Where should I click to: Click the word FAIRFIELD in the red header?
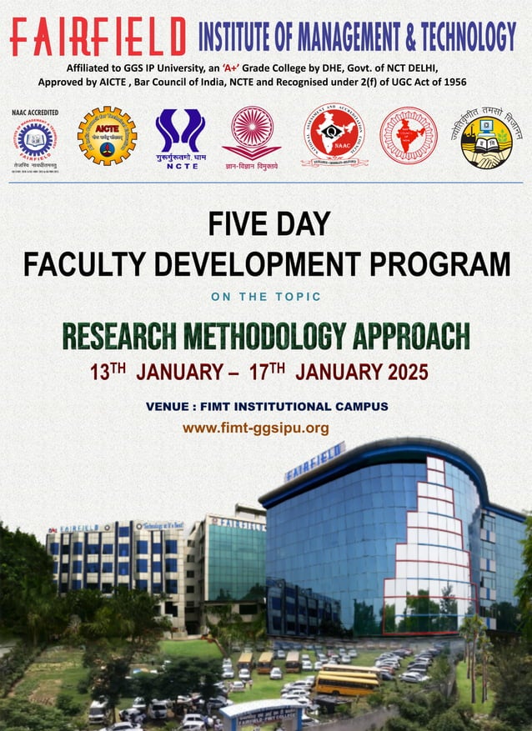click(98, 37)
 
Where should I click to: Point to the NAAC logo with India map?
click(334, 133)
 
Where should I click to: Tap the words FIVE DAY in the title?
click(269, 223)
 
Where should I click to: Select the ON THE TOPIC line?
click(266, 298)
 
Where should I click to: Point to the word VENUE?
click(168, 407)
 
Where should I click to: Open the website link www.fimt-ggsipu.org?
click(256, 428)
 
